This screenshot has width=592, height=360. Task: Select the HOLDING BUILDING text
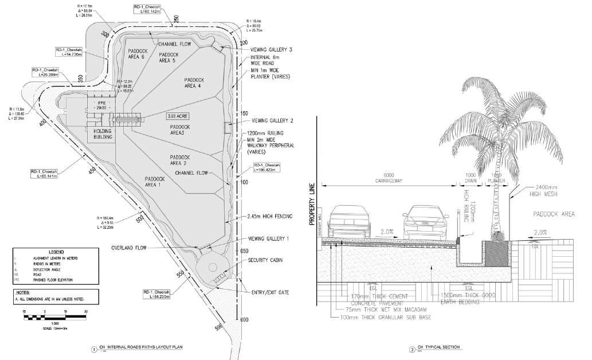click(102, 134)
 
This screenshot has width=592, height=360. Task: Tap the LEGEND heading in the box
click(56, 252)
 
